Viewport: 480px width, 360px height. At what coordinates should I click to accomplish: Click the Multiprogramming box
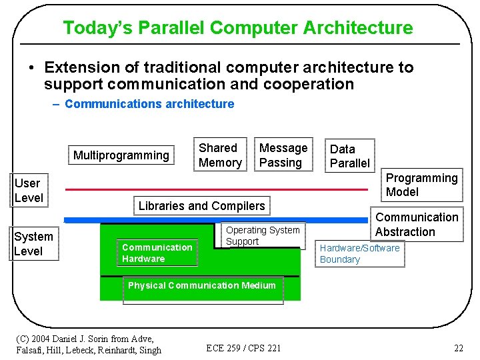point(121,156)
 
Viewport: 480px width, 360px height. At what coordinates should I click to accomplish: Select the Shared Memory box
point(220,155)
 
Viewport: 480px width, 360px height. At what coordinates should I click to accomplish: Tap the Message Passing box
point(283,155)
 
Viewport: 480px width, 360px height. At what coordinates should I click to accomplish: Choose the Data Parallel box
point(349,156)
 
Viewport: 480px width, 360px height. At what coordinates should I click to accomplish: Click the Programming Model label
point(421,185)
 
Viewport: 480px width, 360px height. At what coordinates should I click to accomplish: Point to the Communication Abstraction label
point(416,225)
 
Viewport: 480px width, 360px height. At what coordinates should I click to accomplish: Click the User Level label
point(29,191)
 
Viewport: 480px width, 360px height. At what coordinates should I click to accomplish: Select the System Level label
point(33,244)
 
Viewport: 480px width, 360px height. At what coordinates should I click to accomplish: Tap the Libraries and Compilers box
point(201,206)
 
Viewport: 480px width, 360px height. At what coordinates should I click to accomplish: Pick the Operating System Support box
point(262,236)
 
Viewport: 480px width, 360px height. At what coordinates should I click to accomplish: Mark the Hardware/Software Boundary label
point(359,254)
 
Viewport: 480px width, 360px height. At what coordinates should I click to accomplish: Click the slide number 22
point(458,348)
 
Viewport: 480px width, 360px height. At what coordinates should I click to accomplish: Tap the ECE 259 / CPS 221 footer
point(243,348)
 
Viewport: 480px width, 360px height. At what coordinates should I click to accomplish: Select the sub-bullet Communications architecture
point(149,104)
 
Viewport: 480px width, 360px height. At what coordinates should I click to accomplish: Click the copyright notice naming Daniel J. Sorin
point(88,344)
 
